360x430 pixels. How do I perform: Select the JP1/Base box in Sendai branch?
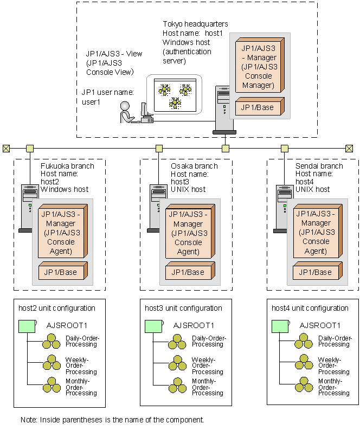[x=316, y=272]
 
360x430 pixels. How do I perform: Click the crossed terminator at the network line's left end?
[x=6, y=148]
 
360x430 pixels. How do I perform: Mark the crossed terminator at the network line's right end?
[x=349, y=148]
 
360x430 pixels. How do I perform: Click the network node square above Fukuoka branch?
[x=30, y=148]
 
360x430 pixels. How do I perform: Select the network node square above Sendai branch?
[x=284, y=148]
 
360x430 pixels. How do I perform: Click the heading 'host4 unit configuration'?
[x=310, y=308]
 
